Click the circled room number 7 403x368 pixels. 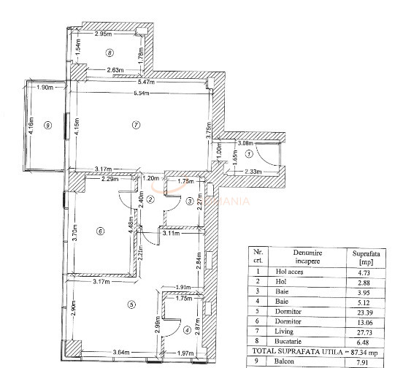[x=135, y=126]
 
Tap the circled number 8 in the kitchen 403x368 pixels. [x=110, y=53]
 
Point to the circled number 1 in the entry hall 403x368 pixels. [x=249, y=154]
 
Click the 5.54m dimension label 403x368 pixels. [x=140, y=94]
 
